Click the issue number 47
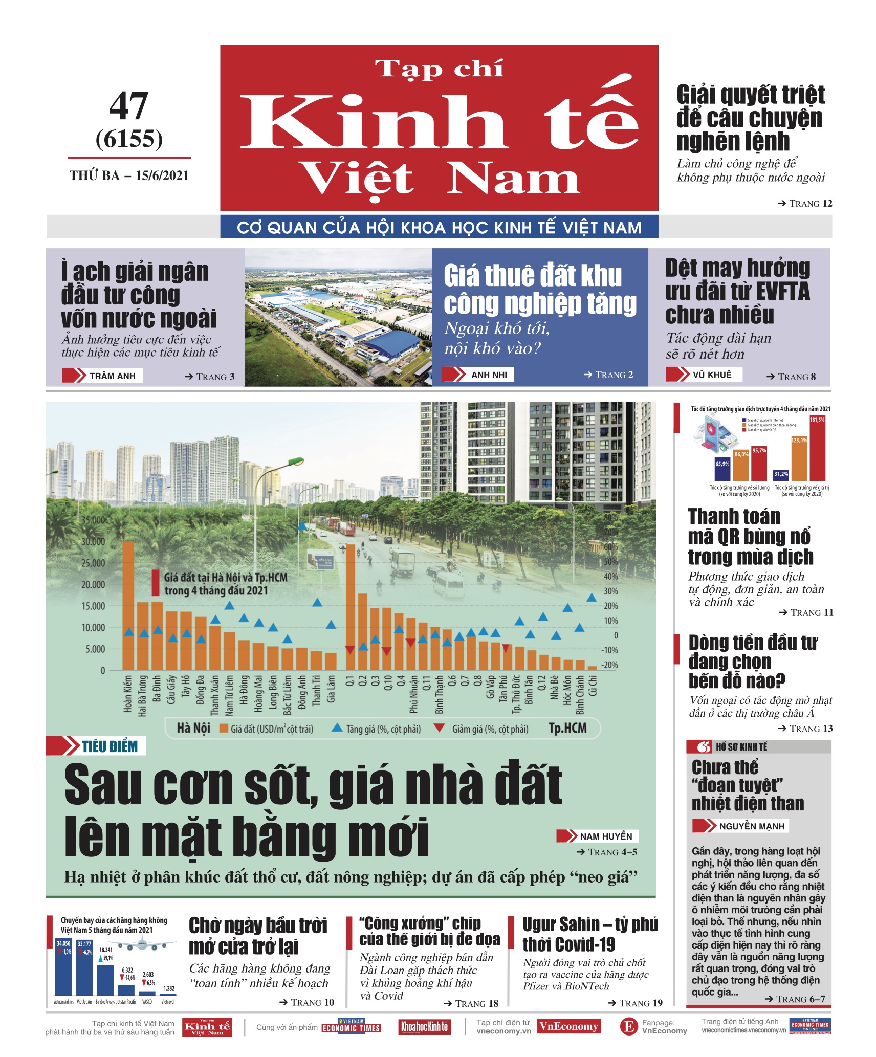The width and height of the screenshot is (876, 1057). coord(129,106)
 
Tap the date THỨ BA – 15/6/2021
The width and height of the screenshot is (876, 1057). coord(129,176)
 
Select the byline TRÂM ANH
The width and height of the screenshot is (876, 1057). coord(112,376)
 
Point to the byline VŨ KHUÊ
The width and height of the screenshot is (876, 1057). coord(712,375)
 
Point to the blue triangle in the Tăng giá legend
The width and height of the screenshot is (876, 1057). coord(337,728)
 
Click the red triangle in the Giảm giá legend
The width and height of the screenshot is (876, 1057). coord(439,728)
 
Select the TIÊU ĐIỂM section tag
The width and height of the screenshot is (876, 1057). coord(109,746)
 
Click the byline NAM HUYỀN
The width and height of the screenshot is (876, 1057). coord(606,836)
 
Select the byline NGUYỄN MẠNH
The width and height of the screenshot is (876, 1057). coord(751,826)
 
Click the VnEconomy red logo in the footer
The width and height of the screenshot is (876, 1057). coord(568,1027)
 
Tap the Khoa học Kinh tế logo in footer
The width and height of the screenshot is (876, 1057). coord(424,1027)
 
